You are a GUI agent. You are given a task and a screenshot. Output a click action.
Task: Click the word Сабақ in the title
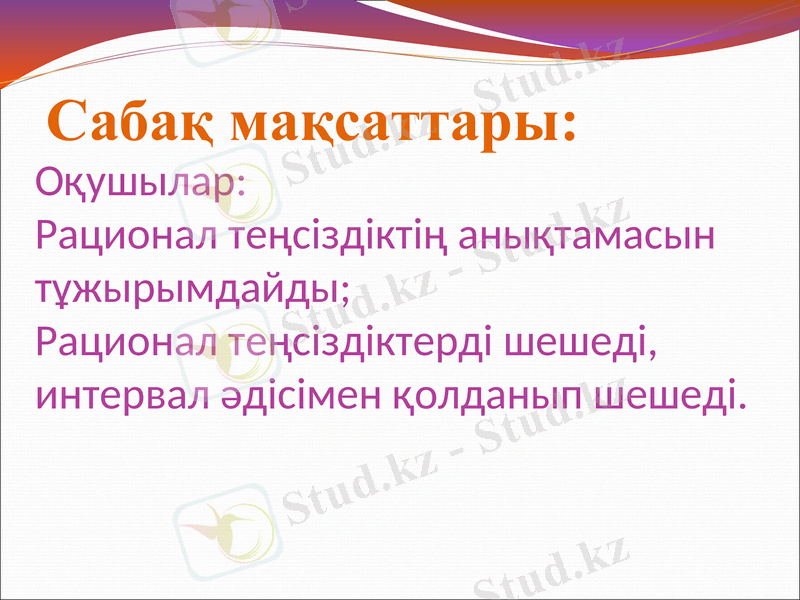130,124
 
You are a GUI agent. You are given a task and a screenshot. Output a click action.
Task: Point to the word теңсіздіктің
339,239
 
